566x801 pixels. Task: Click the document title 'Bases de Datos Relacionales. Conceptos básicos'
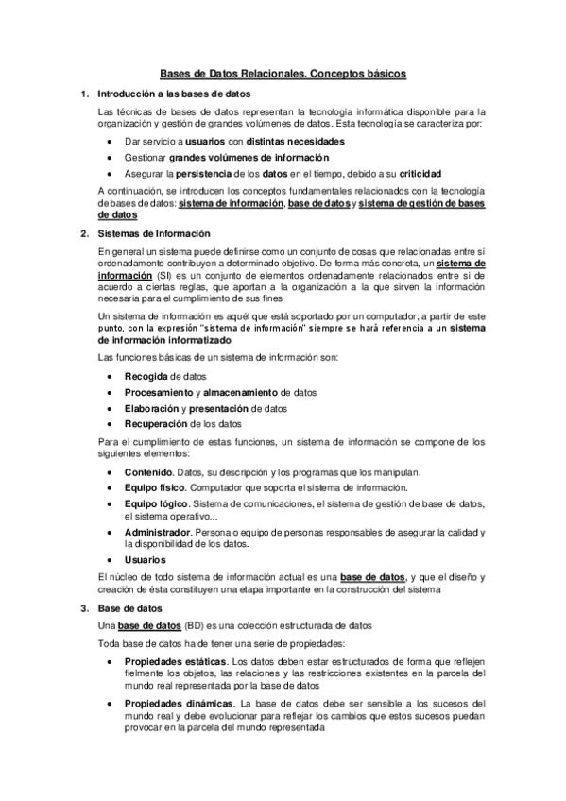[x=283, y=73]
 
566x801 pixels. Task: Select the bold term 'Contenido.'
[x=149, y=471]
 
